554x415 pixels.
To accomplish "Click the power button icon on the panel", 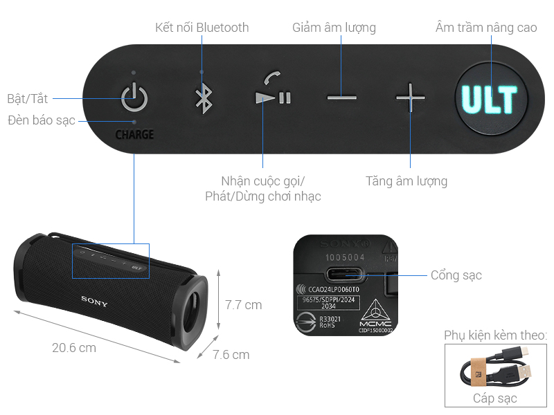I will click(134, 97).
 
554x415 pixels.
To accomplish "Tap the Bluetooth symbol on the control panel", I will click(202, 98).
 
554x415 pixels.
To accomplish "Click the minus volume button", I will click(341, 98).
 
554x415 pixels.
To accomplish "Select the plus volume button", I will click(410, 98).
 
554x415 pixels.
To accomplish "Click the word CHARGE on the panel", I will click(134, 134).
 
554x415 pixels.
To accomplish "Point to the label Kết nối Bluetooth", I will click(202, 28).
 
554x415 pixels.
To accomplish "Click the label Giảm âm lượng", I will click(334, 28).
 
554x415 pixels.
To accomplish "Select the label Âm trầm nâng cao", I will click(486, 28).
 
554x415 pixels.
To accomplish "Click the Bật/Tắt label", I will click(27, 98).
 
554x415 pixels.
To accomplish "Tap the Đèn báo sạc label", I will click(42, 120).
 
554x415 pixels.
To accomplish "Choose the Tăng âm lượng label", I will click(406, 181).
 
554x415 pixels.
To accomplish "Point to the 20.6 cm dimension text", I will click(74, 347).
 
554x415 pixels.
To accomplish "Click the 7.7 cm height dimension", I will click(244, 304).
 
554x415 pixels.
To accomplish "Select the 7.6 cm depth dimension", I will click(231, 355).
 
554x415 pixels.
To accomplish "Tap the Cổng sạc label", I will click(456, 275).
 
